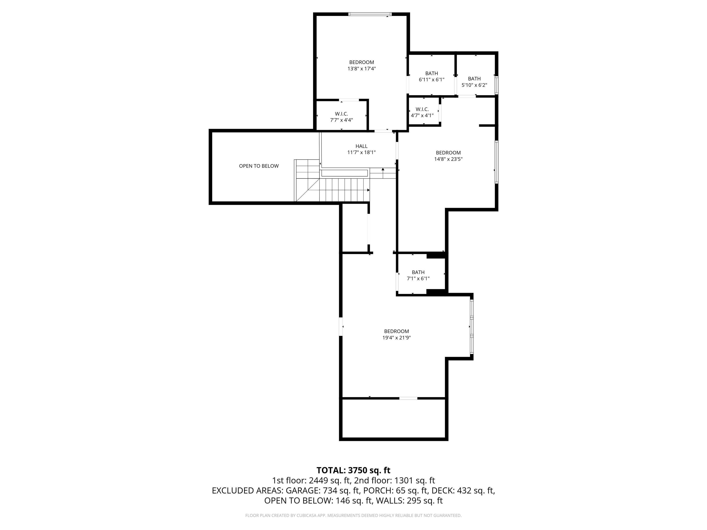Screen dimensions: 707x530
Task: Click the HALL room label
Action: click(362, 146)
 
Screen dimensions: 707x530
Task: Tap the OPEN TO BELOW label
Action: click(259, 166)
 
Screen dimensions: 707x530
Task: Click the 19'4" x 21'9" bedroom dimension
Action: click(397, 338)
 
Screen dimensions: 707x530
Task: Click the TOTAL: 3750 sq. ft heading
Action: click(353, 470)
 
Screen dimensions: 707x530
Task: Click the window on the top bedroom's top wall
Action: click(370, 14)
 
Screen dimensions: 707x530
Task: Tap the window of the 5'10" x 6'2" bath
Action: click(497, 85)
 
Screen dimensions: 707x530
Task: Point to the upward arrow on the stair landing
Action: click(383, 173)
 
